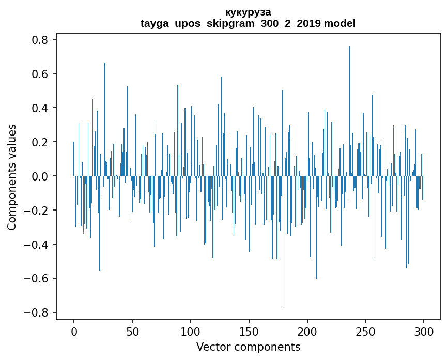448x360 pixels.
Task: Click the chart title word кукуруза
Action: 248,12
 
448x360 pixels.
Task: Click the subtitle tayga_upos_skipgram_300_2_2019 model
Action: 248,23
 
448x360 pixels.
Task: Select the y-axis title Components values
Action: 12,177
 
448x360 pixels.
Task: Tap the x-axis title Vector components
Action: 248,347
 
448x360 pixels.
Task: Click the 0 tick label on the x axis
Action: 74,331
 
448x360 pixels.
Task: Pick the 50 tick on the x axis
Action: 132,331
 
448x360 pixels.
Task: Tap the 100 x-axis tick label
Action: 191,331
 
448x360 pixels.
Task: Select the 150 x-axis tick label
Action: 249,331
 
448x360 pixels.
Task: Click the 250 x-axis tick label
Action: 365,331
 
